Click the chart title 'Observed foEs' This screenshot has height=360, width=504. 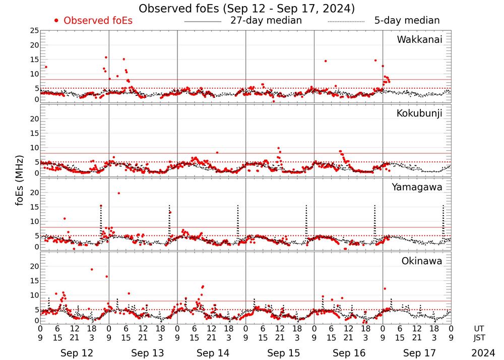[247, 9]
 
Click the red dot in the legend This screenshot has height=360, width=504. [56, 21]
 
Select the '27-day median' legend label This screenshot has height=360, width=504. [266, 21]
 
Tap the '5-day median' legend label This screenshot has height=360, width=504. [407, 21]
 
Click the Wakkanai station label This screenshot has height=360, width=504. [419, 40]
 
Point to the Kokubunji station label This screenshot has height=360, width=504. [419, 113]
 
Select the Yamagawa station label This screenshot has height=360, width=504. [417, 188]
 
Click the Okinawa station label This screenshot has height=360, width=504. [422, 261]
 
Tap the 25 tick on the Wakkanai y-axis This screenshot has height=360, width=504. [34, 31]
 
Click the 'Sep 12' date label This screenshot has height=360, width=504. [74, 353]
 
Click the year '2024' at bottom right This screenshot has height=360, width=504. [483, 353]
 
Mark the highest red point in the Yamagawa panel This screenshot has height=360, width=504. [118, 193]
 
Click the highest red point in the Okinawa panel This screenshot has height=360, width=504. [92, 269]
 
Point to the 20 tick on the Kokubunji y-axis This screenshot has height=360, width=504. [34, 119]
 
